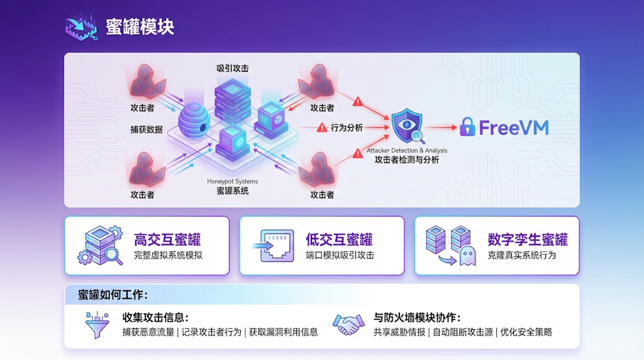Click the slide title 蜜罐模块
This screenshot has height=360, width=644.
[x=140, y=27]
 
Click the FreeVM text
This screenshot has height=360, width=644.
[x=514, y=128]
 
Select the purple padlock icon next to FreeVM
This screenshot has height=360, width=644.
[x=467, y=127]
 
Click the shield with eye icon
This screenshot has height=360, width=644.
[x=407, y=125]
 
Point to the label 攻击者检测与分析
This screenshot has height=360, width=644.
[x=407, y=160]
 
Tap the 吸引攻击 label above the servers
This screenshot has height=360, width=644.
[x=232, y=68]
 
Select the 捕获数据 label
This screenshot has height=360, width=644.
[x=147, y=129]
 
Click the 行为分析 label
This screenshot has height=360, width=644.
[x=347, y=128]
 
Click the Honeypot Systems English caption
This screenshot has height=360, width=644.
[x=233, y=181]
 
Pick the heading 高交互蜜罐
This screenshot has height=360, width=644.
[x=167, y=240]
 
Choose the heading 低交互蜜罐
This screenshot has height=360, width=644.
[x=339, y=240]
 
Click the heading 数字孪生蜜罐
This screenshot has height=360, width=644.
[x=528, y=240]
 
